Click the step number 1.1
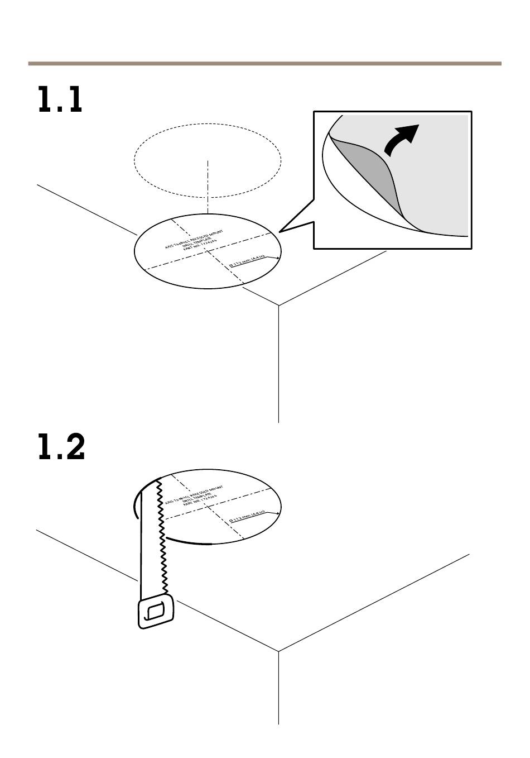pos(60,101)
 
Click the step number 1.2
pos(61,447)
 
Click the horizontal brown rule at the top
pos(264,64)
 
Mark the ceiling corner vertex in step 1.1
pos(278,306)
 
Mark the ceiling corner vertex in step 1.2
pos(278,651)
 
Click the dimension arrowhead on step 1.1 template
pos(278,259)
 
